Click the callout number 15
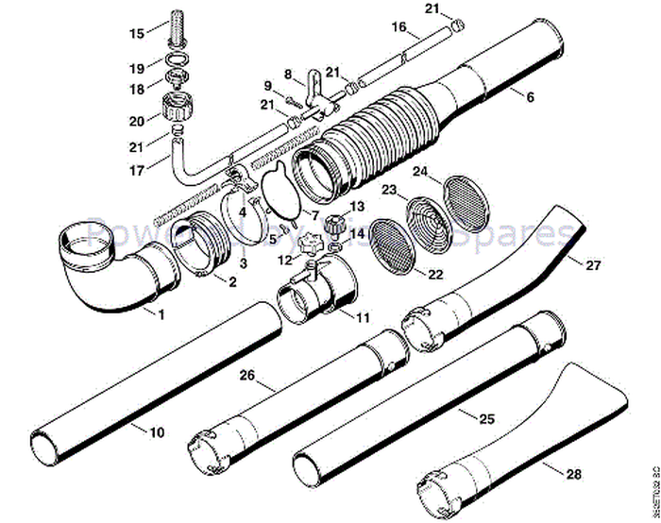137,33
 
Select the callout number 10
156,431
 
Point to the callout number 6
530,96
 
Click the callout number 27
592,266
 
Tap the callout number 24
420,172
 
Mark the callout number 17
136,172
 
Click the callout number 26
246,375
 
